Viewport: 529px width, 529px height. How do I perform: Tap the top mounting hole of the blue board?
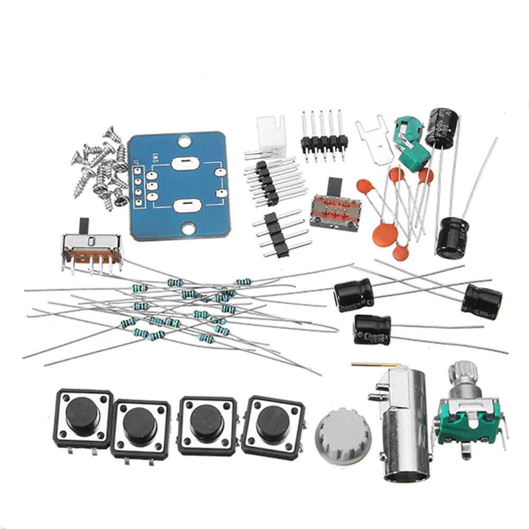pyautogui.click(x=184, y=142)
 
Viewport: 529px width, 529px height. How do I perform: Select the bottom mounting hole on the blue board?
pyautogui.click(x=187, y=229)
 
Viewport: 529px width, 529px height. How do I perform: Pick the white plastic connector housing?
pyautogui.click(x=271, y=132)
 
